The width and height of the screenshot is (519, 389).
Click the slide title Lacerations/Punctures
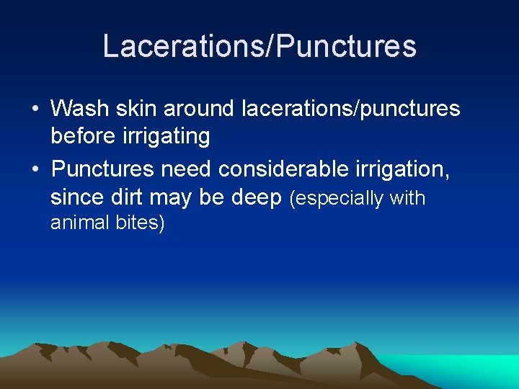[259, 46]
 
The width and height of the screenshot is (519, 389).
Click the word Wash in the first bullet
[78, 109]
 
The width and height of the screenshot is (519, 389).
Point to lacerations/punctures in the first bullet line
[350, 109]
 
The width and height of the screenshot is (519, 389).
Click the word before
[85, 136]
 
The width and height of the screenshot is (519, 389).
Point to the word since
[74, 197]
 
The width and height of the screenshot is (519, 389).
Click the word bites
[141, 223]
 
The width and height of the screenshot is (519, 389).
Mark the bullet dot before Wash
[35, 109]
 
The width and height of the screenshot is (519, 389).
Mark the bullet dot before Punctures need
[35, 170]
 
